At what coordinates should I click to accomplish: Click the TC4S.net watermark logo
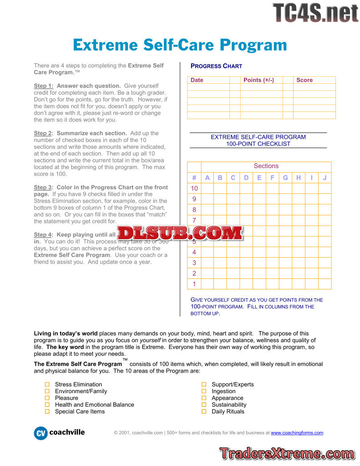click(315, 12)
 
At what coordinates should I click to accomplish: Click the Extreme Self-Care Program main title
click(180, 45)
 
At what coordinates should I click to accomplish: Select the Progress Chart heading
click(216, 66)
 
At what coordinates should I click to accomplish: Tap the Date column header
click(197, 80)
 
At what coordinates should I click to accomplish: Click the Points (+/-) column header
click(259, 80)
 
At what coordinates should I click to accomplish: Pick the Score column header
click(304, 80)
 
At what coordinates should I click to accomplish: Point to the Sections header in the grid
click(266, 166)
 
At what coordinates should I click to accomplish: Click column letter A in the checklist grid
click(208, 178)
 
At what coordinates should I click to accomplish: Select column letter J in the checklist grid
click(325, 178)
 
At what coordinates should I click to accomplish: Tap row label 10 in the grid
click(194, 188)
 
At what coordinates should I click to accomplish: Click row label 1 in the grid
click(194, 284)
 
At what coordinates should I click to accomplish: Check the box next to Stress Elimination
click(47, 385)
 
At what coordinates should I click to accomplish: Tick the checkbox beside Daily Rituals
click(203, 411)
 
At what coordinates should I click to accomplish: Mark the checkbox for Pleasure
click(47, 398)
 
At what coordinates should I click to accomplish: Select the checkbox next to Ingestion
click(203, 391)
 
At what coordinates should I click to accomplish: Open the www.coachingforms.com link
click(297, 433)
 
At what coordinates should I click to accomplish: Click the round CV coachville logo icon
click(41, 433)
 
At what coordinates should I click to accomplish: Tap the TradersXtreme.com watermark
click(287, 453)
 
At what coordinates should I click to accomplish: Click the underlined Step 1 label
click(43, 86)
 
